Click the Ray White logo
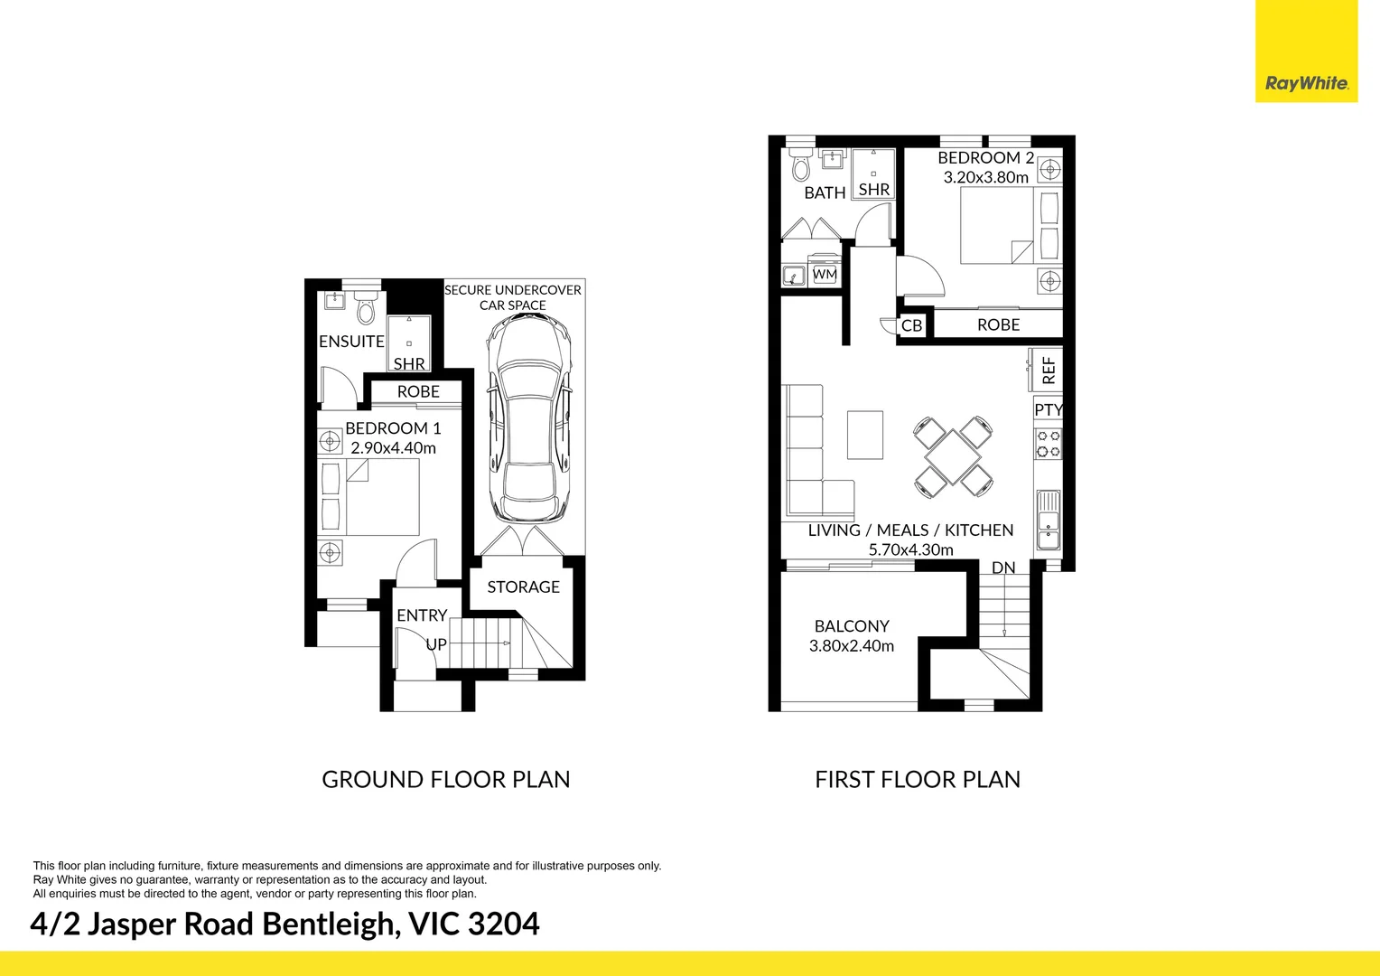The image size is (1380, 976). tap(1306, 84)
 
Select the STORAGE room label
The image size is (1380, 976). tap(523, 587)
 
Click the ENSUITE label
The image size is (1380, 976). tap(351, 341)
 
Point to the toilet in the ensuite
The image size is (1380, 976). tap(366, 309)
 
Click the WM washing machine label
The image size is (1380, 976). tap(825, 274)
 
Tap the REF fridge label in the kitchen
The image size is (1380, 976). tap(1049, 370)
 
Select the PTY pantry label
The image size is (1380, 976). tap(1048, 409)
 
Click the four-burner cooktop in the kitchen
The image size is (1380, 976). tap(1048, 444)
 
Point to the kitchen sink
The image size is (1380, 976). tap(1048, 519)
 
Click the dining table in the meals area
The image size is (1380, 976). tap(953, 457)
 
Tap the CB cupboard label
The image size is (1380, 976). tap(911, 325)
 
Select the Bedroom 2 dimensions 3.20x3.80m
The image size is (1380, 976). tap(985, 177)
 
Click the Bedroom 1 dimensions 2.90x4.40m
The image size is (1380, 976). tap(393, 447)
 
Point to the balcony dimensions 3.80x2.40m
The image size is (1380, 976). tap(852, 645)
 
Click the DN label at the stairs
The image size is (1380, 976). tap(1003, 568)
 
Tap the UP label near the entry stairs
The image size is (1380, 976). tap(436, 644)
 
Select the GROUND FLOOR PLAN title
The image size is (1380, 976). tap(446, 779)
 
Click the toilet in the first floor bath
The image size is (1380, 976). tap(801, 164)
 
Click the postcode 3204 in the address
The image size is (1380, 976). tap(503, 924)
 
